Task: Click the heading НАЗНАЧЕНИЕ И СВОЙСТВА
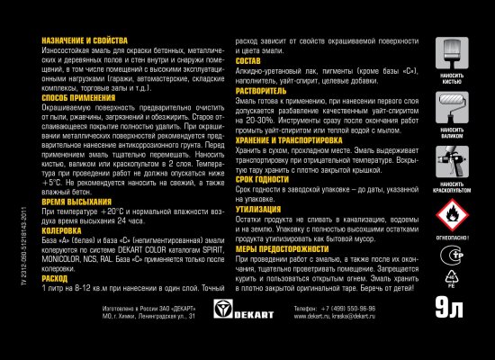(81, 41)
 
